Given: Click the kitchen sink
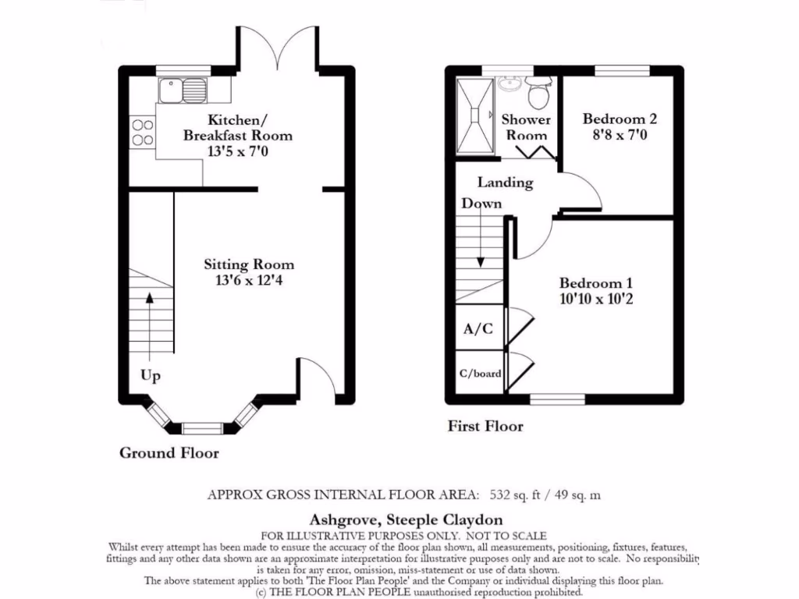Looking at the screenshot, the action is tap(183, 90).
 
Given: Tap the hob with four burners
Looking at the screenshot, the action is tap(143, 132).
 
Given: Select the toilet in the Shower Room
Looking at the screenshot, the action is tap(538, 92).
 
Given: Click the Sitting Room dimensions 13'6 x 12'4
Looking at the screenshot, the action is tap(249, 280).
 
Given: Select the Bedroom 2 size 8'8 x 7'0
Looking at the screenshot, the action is tap(620, 135).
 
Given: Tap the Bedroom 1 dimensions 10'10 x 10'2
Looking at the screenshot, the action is tap(596, 299).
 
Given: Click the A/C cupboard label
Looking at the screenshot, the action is tap(478, 328).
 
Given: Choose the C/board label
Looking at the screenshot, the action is tap(480, 374).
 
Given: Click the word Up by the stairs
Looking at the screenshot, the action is tap(151, 376).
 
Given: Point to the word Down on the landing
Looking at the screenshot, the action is tap(481, 204).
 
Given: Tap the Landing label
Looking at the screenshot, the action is tap(506, 183).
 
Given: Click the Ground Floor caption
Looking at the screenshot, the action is tap(169, 453).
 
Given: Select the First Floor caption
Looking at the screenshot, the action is tap(485, 426).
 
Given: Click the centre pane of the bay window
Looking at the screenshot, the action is tap(202, 428).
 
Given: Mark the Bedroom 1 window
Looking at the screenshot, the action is tap(557, 399).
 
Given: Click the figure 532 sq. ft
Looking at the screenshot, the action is tap(515, 494).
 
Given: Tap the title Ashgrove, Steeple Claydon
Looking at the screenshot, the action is tap(406, 519).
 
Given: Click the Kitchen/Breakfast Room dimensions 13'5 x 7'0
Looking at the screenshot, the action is tap(238, 151).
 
